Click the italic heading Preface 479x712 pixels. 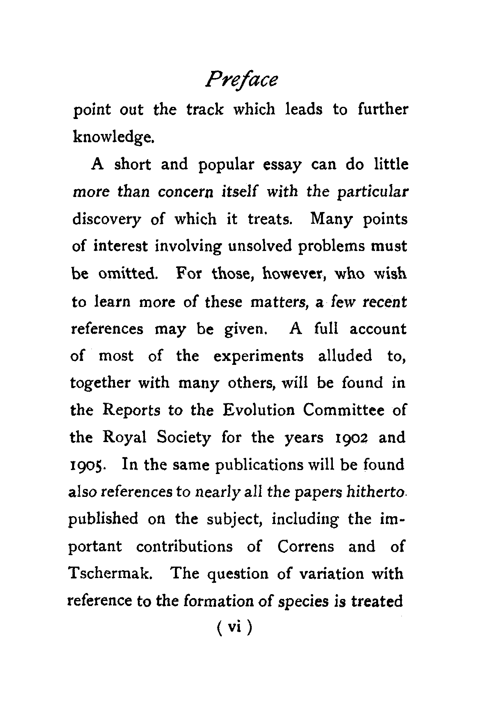241,80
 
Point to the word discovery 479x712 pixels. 106,219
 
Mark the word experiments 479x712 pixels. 258,356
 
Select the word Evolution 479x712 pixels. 258,411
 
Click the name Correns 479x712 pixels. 305,547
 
